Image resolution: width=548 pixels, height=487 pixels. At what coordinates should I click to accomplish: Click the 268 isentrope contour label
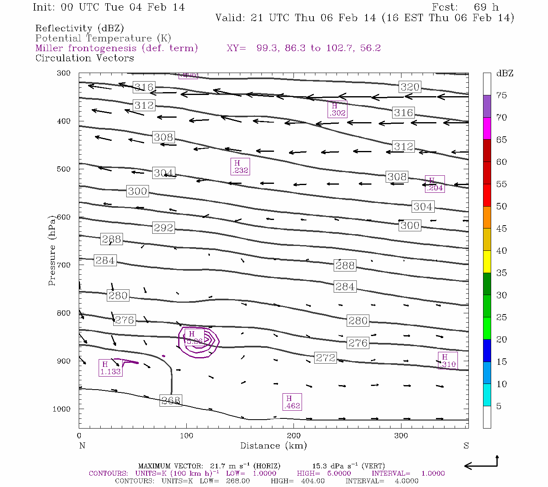(x=170, y=401)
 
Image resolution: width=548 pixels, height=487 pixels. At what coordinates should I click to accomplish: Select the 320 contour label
(x=410, y=87)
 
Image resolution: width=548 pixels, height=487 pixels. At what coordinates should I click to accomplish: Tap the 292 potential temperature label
(x=163, y=228)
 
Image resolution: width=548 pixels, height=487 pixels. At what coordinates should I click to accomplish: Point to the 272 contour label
(x=326, y=358)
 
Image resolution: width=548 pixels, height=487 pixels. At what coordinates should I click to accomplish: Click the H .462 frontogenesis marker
(x=292, y=402)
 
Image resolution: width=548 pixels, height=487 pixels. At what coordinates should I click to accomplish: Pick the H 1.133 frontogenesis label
(x=110, y=368)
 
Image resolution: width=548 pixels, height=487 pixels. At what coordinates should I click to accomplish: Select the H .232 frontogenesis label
(x=239, y=167)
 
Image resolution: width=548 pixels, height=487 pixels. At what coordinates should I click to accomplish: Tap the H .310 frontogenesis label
(x=447, y=361)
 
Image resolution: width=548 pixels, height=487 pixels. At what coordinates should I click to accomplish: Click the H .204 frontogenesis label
(x=434, y=184)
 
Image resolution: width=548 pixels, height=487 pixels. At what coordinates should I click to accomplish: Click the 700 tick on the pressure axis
(x=63, y=265)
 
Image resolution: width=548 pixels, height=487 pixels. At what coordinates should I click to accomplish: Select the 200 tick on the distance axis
(x=293, y=436)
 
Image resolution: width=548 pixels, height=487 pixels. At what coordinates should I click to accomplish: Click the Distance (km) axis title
(x=273, y=446)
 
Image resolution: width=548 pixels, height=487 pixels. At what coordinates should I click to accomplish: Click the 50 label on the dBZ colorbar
(x=501, y=206)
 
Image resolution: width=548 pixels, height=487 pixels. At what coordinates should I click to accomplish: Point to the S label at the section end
(x=466, y=446)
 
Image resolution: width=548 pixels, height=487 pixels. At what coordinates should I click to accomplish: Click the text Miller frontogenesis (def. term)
(x=117, y=48)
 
